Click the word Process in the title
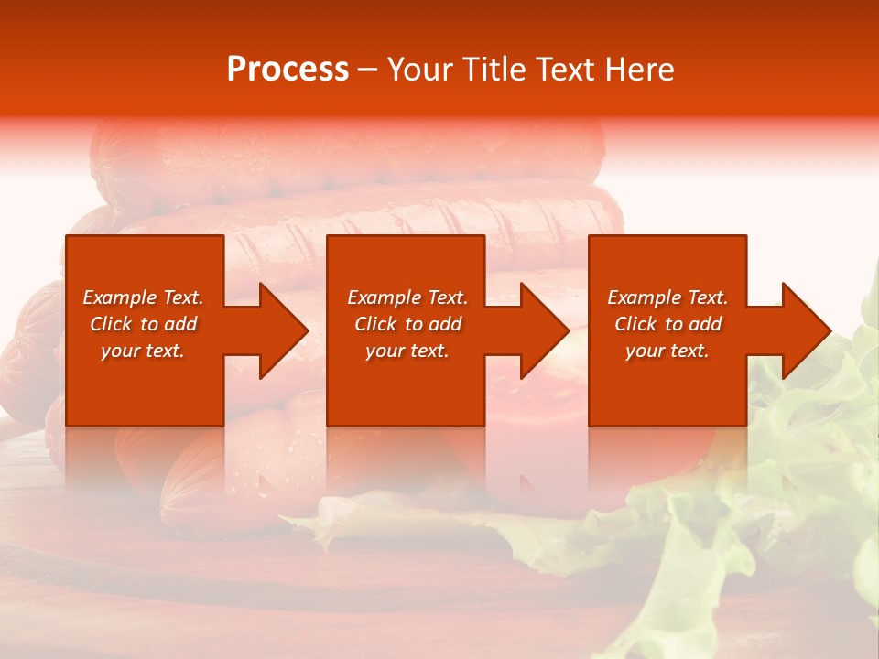pyautogui.click(x=288, y=70)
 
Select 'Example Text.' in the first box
pyautogui.click(x=143, y=297)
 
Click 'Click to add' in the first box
pyautogui.click(x=143, y=324)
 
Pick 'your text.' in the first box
pyautogui.click(x=143, y=351)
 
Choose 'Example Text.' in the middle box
pyautogui.click(x=407, y=297)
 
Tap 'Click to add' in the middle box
pyautogui.click(x=407, y=324)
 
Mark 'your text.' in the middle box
pyautogui.click(x=407, y=351)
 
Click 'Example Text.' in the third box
pyautogui.click(x=667, y=297)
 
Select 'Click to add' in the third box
pyautogui.click(x=667, y=324)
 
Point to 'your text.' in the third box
pyautogui.click(x=667, y=351)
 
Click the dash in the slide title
pyautogui.click(x=368, y=70)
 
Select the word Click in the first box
pyautogui.click(x=110, y=324)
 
